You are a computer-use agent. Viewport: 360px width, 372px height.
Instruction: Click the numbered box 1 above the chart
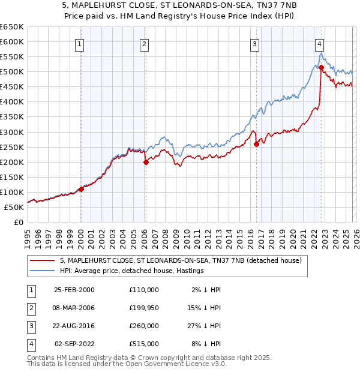coord(80,43)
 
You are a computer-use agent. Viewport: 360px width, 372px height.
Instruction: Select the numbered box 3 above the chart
coord(254,43)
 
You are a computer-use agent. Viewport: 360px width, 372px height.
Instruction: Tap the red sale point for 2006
coord(145,162)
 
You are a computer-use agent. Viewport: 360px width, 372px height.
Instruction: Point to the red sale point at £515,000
coord(321,67)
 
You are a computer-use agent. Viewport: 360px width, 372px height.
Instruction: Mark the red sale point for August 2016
coord(256,144)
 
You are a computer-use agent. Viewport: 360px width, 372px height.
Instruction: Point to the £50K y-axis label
coord(14,207)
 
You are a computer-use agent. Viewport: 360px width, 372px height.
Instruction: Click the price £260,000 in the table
coord(144,327)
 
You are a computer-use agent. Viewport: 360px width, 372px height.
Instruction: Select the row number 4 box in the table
coord(29,344)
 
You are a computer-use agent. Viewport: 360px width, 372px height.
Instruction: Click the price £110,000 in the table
coord(144,290)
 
